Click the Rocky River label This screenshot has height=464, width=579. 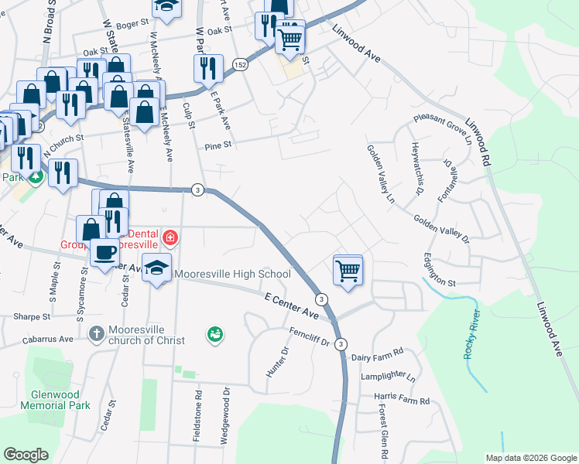coord(471,335)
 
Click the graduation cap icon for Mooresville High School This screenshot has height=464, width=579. coord(157,268)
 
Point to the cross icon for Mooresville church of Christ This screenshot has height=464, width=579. coord(96,334)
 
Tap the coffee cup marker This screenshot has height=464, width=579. coord(104,251)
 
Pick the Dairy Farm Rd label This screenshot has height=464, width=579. coord(377,352)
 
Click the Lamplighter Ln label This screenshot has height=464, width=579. coord(388,378)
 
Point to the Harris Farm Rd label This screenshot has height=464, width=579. coord(401,400)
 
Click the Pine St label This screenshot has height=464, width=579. coord(218,144)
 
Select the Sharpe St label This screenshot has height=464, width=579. coord(26,317)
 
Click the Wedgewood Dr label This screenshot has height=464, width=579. coord(226,415)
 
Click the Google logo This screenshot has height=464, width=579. coord(26,455)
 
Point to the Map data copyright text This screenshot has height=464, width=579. coord(529,458)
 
